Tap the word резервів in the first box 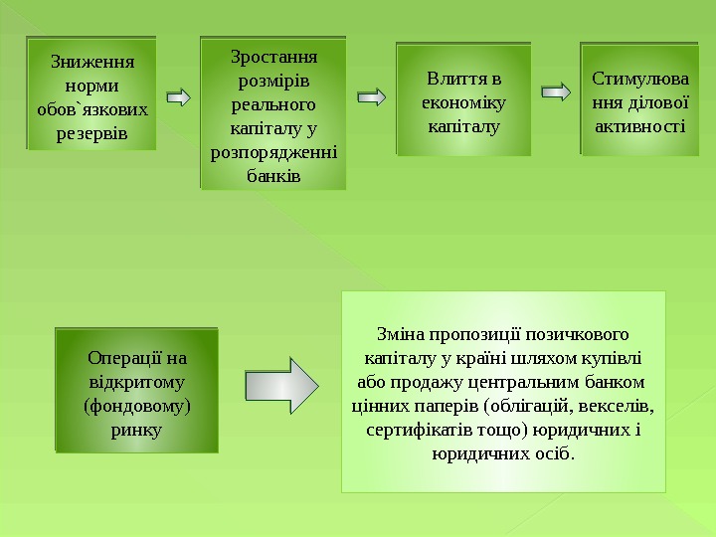click(90, 131)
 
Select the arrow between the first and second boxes click(178, 97)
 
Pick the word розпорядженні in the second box click(273, 152)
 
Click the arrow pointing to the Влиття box click(371, 97)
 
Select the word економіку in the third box click(463, 102)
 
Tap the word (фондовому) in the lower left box click(137, 406)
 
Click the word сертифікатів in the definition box click(412, 430)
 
